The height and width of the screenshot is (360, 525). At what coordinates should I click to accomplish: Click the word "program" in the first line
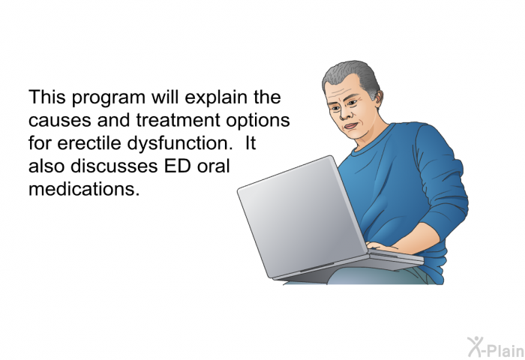click(x=108, y=97)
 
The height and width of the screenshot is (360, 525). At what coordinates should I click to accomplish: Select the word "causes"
click(x=59, y=121)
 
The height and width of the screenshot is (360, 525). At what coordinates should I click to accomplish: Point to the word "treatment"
click(x=178, y=120)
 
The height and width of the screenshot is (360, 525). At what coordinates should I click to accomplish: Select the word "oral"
click(x=213, y=166)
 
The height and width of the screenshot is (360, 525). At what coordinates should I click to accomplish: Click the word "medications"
click(x=84, y=189)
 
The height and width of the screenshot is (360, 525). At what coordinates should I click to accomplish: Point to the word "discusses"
click(x=114, y=166)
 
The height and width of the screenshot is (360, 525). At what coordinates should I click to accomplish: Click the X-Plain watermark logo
click(x=496, y=347)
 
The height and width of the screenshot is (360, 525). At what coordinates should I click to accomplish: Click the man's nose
click(x=345, y=113)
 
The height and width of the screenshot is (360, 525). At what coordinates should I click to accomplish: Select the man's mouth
click(x=351, y=126)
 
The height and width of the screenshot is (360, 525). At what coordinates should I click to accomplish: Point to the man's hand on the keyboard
click(x=382, y=247)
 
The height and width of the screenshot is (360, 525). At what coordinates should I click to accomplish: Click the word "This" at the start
click(x=46, y=97)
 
